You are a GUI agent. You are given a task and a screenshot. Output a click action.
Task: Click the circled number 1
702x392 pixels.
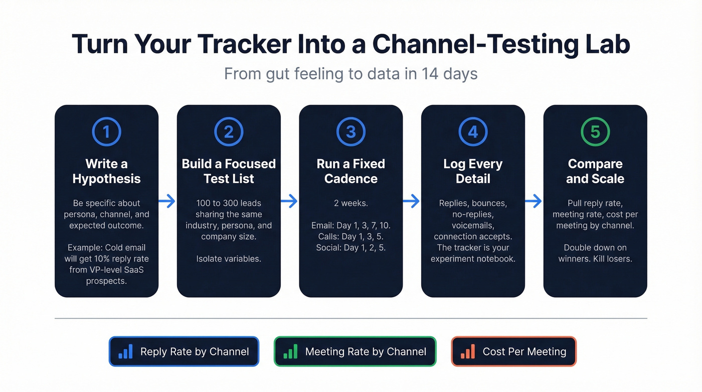pyautogui.click(x=106, y=132)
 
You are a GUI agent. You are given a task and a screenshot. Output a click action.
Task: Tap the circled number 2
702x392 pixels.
pyautogui.click(x=229, y=132)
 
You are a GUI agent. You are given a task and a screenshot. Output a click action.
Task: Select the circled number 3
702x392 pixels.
pyautogui.click(x=351, y=132)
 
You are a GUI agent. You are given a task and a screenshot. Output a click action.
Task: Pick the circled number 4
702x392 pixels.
pyautogui.click(x=473, y=132)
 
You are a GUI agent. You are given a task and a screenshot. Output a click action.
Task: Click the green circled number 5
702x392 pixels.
pyautogui.click(x=595, y=132)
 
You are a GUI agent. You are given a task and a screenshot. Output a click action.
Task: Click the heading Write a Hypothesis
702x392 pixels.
pyautogui.click(x=106, y=171)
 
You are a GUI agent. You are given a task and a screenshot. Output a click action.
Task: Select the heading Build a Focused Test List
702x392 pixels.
pyautogui.click(x=229, y=171)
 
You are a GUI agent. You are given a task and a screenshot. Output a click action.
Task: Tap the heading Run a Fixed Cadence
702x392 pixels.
pyautogui.click(x=351, y=171)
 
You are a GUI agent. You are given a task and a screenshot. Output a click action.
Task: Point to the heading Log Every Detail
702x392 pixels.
pyautogui.click(x=473, y=171)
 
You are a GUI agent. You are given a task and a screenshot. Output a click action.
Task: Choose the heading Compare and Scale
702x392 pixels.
pyautogui.click(x=595, y=171)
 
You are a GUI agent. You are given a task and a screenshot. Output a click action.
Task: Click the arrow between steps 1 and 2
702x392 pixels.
pyautogui.click(x=167, y=201)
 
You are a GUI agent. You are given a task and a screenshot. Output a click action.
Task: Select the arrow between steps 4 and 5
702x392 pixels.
pyautogui.click(x=534, y=201)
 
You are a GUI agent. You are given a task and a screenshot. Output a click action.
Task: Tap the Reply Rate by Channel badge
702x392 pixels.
pyautogui.click(x=184, y=351)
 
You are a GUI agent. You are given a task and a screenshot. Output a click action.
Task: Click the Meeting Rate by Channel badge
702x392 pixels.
pyautogui.click(x=355, y=351)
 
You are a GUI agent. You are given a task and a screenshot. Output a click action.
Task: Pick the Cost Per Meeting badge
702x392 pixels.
pyautogui.click(x=514, y=351)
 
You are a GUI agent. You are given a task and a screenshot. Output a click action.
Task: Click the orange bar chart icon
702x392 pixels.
pyautogui.click(x=467, y=351)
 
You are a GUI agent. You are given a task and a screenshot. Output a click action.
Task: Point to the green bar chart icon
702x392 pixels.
pyautogui.click(x=290, y=351)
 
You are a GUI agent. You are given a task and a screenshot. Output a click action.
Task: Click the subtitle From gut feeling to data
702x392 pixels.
pyautogui.click(x=350, y=74)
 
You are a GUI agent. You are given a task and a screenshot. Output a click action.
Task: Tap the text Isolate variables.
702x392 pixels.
pyautogui.click(x=229, y=258)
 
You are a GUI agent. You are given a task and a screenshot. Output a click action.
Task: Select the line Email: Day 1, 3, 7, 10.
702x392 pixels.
pyautogui.click(x=351, y=225)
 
